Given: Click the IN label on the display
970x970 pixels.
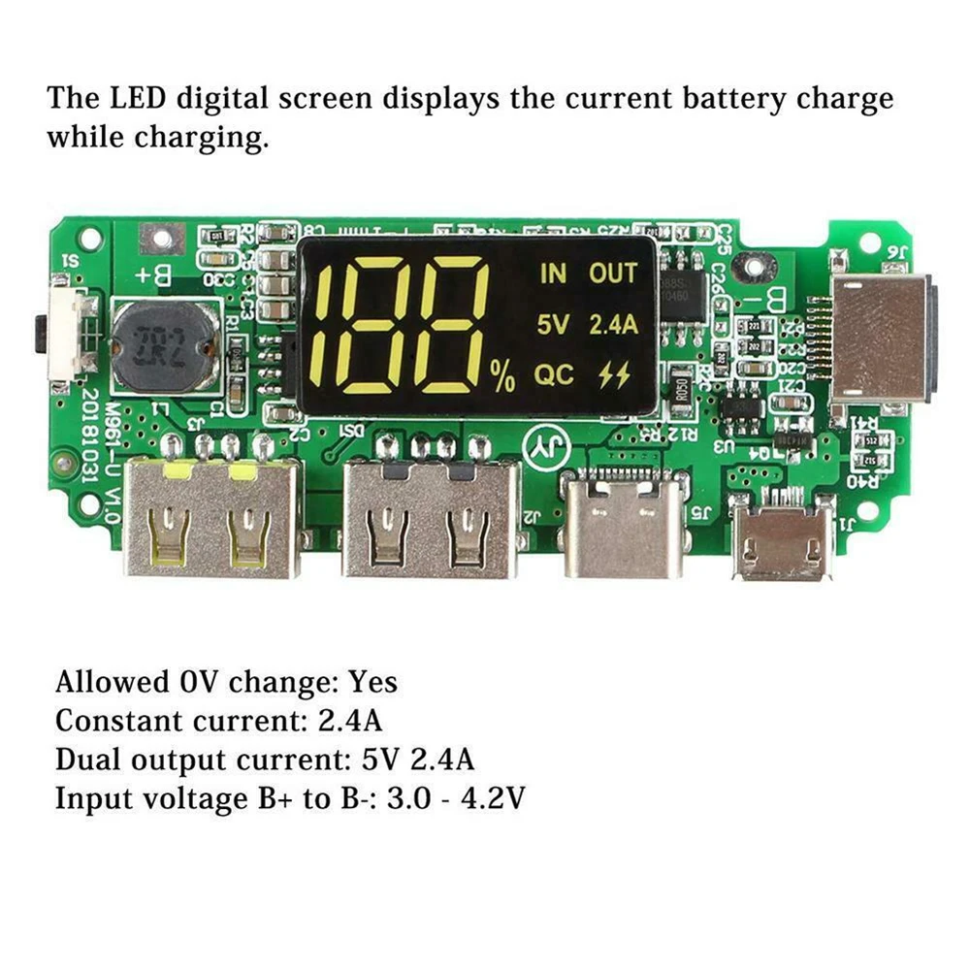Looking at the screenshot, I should tap(553, 274).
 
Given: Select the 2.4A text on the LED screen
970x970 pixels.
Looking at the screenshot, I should tap(613, 325).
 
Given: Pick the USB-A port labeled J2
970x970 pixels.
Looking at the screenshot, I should tap(431, 519).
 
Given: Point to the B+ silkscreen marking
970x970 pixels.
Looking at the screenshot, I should tap(154, 275).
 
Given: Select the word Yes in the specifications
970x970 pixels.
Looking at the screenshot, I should tap(373, 682).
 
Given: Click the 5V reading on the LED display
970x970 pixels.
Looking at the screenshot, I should tap(553, 325).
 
